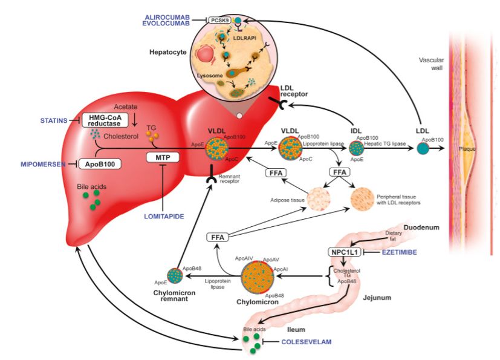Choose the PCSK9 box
(x=219, y=20)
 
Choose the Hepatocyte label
(x=167, y=52)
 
